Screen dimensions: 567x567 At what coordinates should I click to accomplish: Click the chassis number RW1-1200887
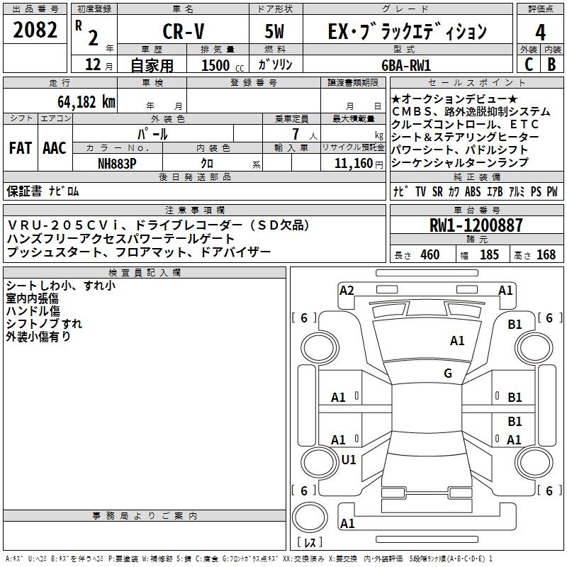click(x=476, y=226)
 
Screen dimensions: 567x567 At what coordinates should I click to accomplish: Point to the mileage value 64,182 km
click(x=81, y=101)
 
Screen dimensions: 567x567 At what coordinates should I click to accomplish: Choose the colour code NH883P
click(x=118, y=162)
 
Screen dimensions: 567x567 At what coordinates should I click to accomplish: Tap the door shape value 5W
click(x=275, y=31)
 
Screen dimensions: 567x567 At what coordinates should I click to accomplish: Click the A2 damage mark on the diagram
click(x=347, y=290)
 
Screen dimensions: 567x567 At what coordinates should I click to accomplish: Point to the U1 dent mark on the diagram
click(x=349, y=459)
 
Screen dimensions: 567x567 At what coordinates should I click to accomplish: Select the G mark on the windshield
click(x=447, y=374)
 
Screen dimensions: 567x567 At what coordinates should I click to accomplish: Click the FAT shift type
click(x=20, y=148)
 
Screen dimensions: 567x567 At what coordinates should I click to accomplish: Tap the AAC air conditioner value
click(x=55, y=148)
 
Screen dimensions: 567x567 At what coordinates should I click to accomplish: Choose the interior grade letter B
click(x=551, y=64)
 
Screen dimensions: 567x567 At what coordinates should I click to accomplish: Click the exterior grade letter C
click(x=528, y=64)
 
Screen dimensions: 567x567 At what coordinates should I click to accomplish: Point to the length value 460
click(x=430, y=255)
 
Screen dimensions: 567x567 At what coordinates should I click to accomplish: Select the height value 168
click(x=546, y=255)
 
